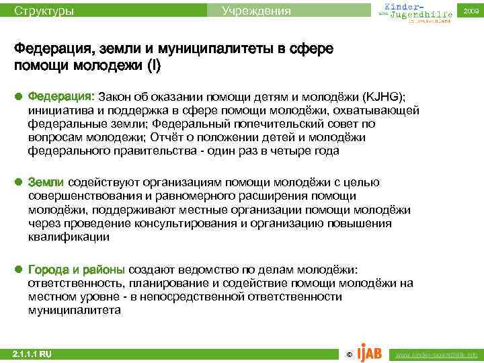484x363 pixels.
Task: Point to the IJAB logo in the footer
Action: [x=369, y=352]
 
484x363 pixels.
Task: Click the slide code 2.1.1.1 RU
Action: [x=32, y=354]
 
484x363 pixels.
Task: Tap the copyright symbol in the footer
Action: [x=348, y=354]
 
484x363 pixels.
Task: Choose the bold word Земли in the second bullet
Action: [x=46, y=183]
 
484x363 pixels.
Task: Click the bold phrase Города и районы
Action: [x=76, y=270]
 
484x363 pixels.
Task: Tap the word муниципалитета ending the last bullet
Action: [x=74, y=311]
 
